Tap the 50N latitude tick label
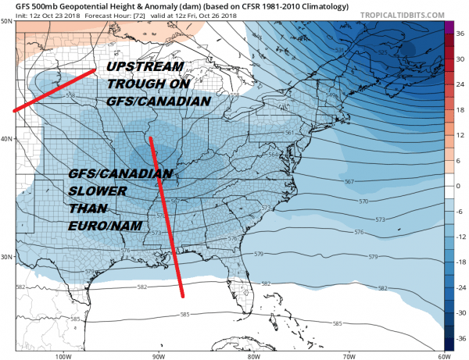pos(6,21)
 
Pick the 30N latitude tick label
pos(6,257)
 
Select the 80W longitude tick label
pos(252,356)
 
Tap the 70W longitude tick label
pos(346,356)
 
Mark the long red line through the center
pos(166,219)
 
